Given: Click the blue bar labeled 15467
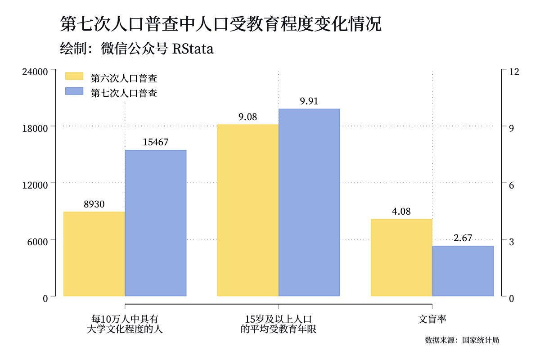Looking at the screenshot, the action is [x=156, y=223].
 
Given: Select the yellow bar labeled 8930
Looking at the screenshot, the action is [x=94, y=254].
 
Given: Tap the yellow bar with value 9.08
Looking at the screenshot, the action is [x=248, y=210].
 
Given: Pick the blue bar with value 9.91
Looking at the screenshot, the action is [x=309, y=202].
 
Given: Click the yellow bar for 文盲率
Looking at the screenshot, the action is [x=401, y=257].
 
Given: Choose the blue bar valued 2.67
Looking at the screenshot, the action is [x=463, y=271].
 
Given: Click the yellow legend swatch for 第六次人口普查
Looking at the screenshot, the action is [x=74, y=76].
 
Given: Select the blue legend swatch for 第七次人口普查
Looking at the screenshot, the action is [x=74, y=91].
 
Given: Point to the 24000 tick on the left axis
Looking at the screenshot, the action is [x=35, y=72].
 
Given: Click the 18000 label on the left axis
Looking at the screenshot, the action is [x=35, y=129].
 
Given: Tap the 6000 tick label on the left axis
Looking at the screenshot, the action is [x=38, y=242].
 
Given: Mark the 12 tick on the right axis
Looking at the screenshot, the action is [x=514, y=72].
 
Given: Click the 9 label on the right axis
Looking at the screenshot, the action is [x=511, y=129].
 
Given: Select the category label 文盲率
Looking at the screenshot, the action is [x=432, y=319].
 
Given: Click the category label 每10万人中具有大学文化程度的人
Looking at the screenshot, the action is [x=125, y=324].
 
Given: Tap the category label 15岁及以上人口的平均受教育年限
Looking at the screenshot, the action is [x=279, y=324].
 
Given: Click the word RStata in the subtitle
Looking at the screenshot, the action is [x=193, y=49].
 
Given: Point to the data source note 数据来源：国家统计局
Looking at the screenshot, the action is [x=462, y=340].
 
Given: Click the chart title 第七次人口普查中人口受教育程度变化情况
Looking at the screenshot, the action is [x=221, y=24].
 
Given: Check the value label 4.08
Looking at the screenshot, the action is [x=401, y=211].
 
